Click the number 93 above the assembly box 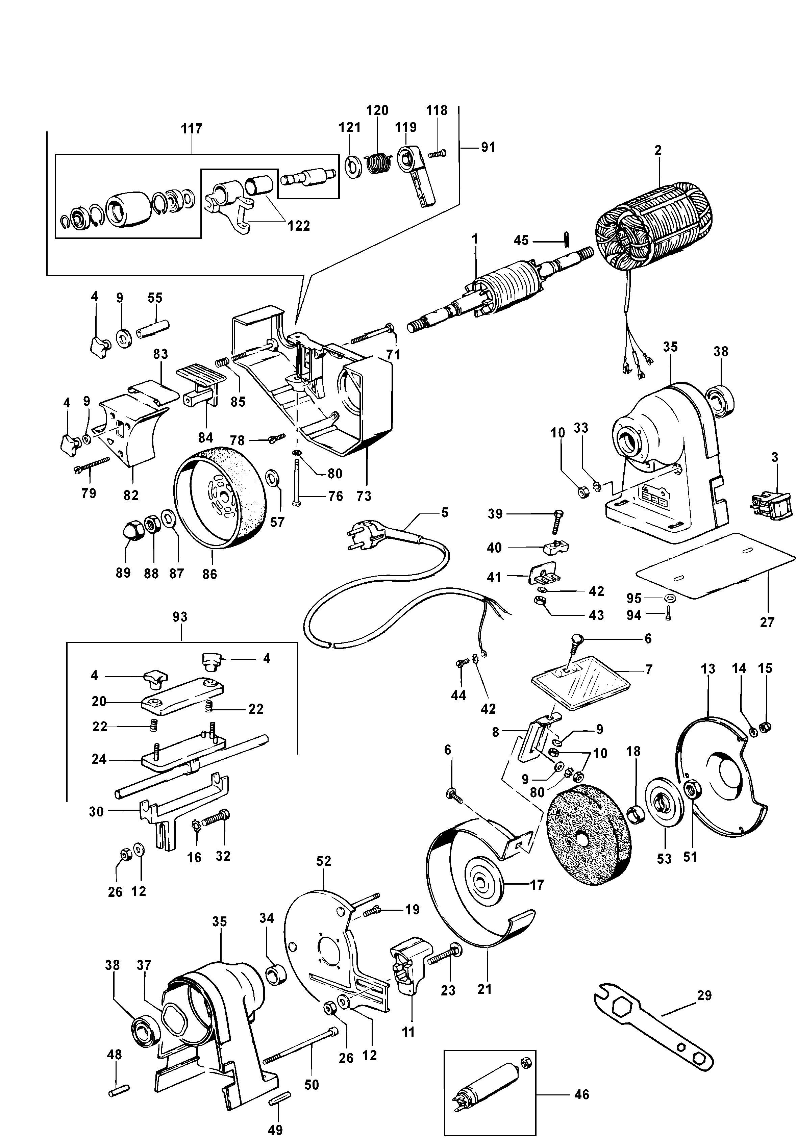[180, 617]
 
